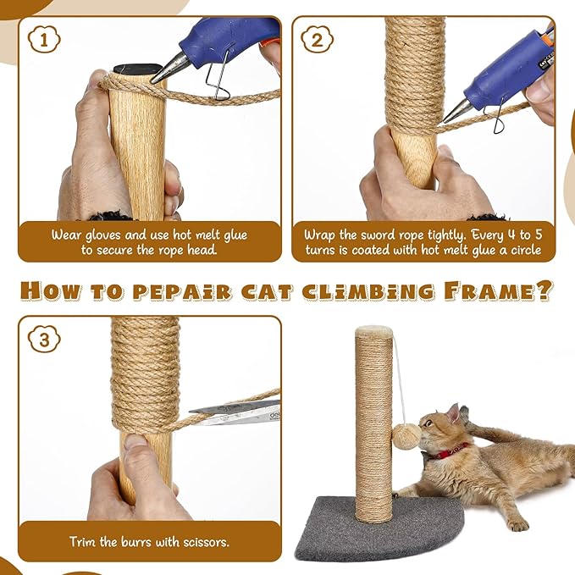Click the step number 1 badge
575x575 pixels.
point(41,40)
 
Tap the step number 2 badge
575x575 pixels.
point(316,40)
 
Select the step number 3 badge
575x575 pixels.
point(41,340)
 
